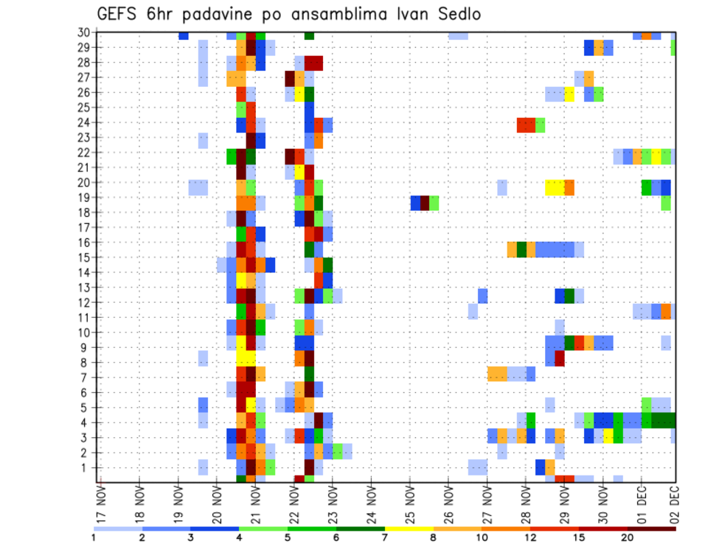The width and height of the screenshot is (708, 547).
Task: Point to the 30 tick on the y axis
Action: click(x=84, y=32)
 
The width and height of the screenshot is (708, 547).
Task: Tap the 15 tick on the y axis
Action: click(x=84, y=257)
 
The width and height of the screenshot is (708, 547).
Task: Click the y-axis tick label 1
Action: click(x=87, y=467)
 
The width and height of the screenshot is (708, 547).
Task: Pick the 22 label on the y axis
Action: click(x=84, y=153)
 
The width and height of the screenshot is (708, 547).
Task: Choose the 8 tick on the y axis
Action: click(x=87, y=363)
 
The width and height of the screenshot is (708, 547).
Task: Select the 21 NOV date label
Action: click(x=256, y=504)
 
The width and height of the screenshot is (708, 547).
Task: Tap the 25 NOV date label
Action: click(x=411, y=504)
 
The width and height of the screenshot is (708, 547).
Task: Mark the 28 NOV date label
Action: click(x=527, y=504)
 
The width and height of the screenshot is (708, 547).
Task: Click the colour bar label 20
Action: click(x=628, y=537)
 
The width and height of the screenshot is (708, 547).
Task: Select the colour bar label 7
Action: click(x=386, y=537)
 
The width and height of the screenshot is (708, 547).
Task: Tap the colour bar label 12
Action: click(x=531, y=537)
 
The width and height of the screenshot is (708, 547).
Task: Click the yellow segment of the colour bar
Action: click(x=410, y=529)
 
